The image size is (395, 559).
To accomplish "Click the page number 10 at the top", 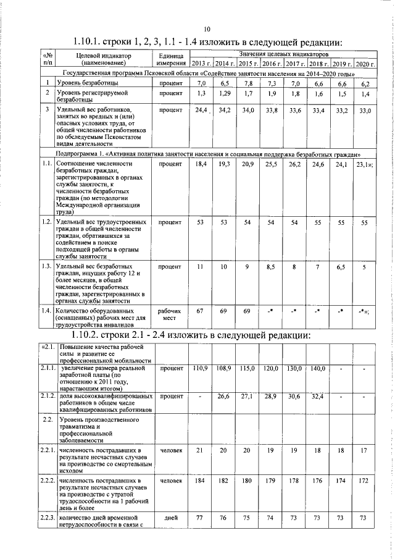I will [x=207, y=28].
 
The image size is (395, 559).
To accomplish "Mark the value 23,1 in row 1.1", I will [x=364, y=164].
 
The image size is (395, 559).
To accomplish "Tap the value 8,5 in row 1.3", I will [x=270, y=267].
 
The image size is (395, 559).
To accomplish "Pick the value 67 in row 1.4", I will [x=200, y=311].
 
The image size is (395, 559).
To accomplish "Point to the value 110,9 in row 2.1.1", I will [x=200, y=369].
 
